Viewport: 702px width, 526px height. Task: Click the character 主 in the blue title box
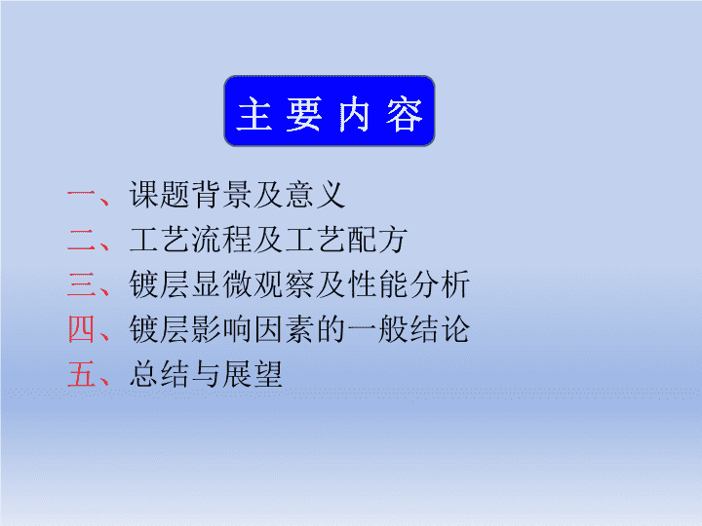coord(254,114)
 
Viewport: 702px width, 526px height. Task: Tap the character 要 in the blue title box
coord(304,114)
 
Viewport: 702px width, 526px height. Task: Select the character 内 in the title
coord(354,114)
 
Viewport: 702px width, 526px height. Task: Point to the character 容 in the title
coord(405,114)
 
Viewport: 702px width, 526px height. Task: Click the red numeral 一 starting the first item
coord(82,193)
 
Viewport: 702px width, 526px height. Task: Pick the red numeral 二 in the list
coord(82,241)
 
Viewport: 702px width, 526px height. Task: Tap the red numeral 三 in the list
coord(82,284)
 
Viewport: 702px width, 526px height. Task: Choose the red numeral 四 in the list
coord(82,329)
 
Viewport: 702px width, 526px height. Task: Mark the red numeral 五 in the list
coord(82,374)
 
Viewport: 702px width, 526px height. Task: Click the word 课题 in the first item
coord(160,195)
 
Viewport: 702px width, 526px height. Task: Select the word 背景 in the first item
coord(222,195)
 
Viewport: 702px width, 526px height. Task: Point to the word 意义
coord(316,195)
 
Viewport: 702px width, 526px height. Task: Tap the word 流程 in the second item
coord(222,240)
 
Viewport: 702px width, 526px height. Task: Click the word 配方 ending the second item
coord(378,240)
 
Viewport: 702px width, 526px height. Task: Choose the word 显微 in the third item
coord(222,284)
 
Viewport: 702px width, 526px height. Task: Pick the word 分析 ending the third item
coord(440,284)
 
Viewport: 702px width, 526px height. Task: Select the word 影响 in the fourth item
coord(222,329)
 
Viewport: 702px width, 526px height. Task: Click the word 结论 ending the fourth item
coord(440,329)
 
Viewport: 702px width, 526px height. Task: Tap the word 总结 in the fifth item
coord(160,374)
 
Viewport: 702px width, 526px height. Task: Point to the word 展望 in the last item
coord(253,374)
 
